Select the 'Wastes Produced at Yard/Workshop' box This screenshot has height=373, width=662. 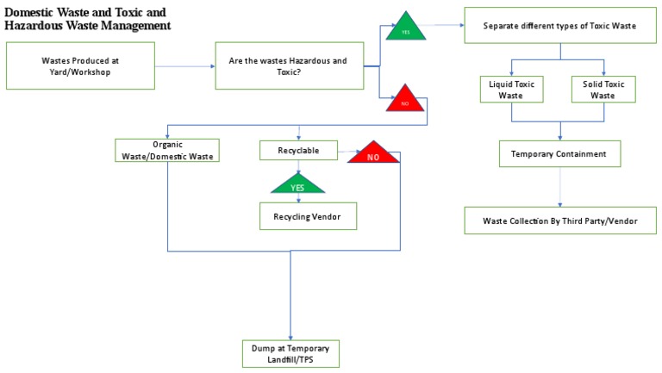coord(80,65)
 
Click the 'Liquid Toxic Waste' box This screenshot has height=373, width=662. coord(512,90)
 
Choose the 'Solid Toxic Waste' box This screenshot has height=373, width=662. coord(603,90)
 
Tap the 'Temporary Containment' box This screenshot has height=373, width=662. coord(559,154)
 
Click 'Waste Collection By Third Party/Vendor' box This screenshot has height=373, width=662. coord(559,220)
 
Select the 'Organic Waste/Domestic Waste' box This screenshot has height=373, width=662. coord(167,150)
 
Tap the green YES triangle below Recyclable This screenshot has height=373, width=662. coord(297,183)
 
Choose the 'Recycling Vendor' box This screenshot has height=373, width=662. coord(308,216)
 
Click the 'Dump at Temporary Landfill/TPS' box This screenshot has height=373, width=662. coord(290,353)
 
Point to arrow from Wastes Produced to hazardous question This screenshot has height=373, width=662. coord(184,65)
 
